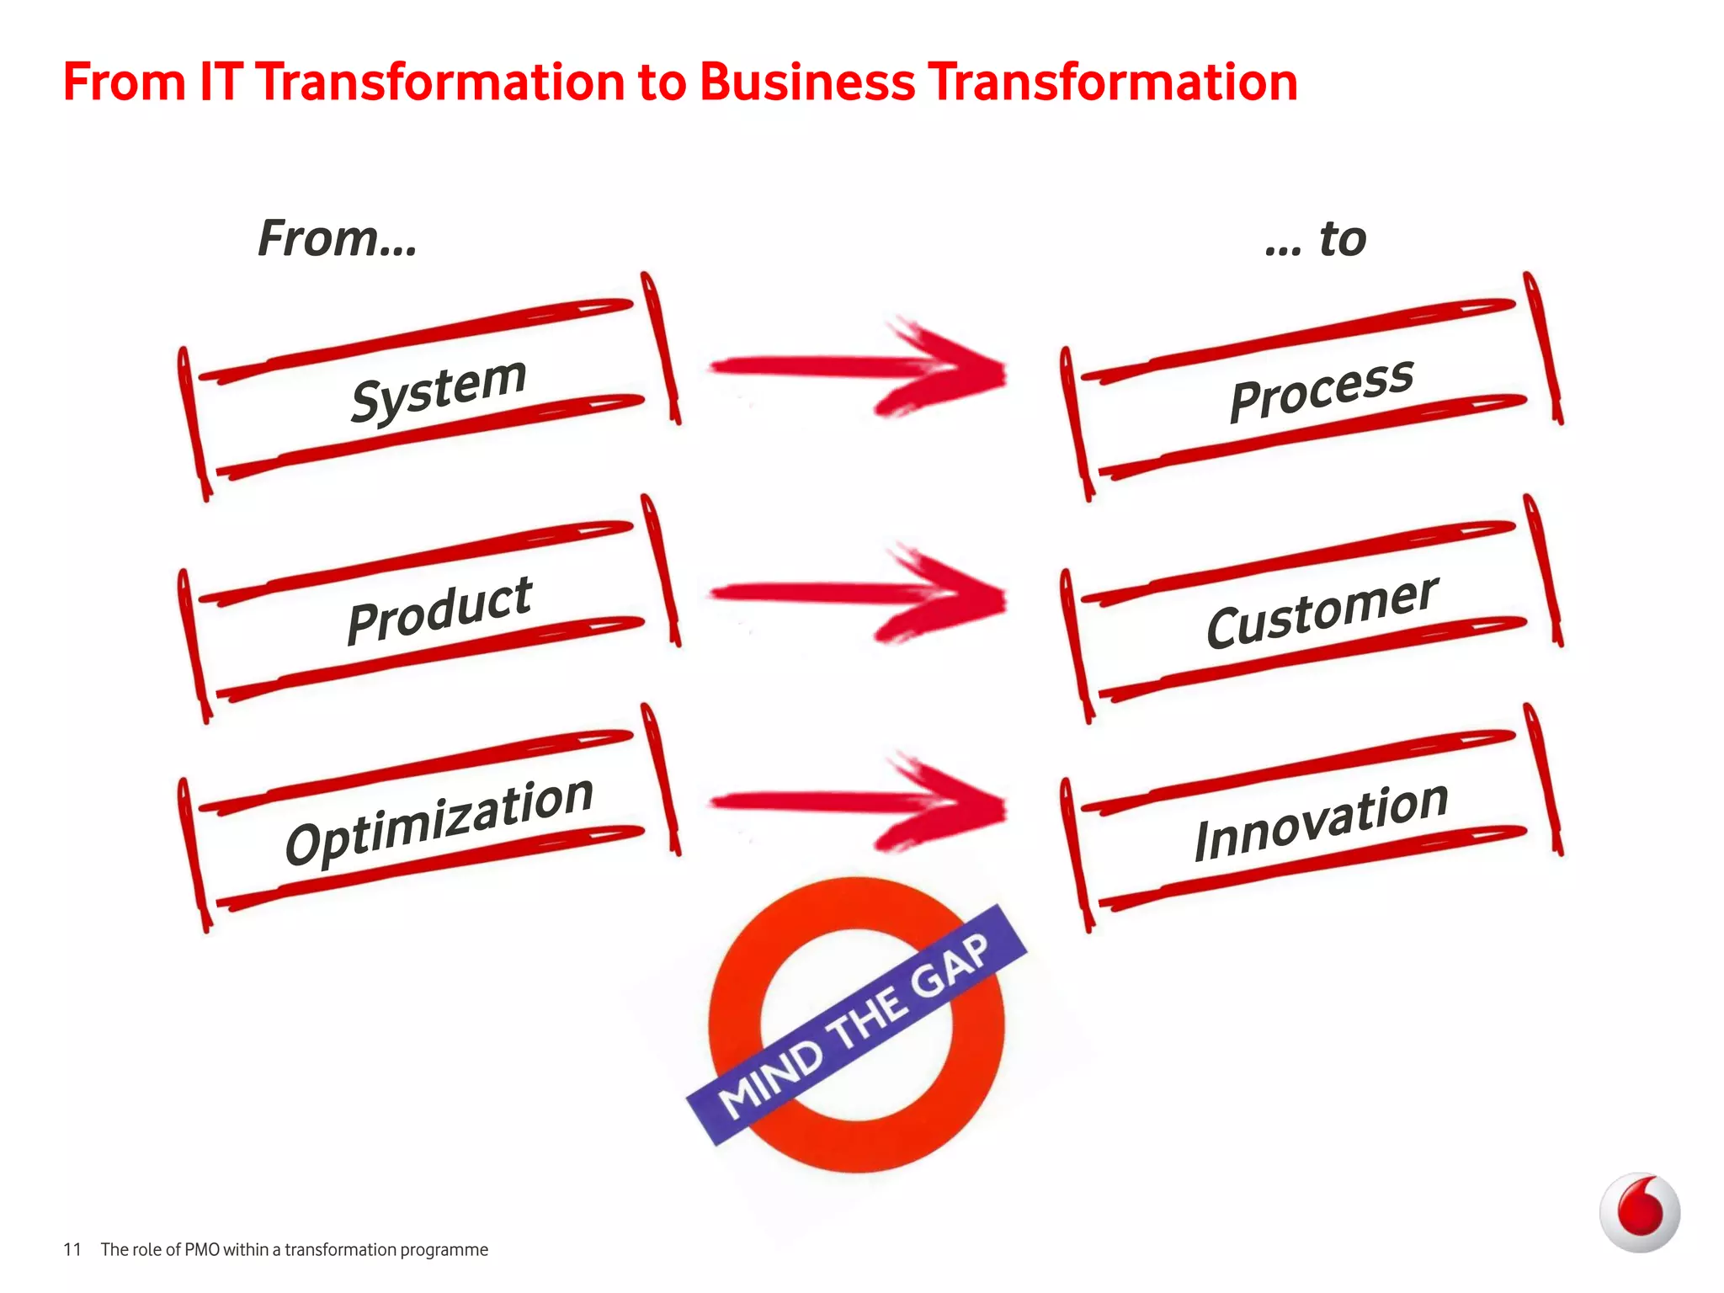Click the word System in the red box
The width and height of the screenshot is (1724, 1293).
point(439,389)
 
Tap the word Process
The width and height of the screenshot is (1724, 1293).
point(1322,388)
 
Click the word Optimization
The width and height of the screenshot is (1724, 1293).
point(439,820)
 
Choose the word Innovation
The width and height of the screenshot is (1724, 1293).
point(1322,821)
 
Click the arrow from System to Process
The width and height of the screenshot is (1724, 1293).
point(859,369)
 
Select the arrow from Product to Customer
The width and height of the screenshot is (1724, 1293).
point(859,594)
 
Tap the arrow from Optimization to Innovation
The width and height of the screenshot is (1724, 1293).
point(859,803)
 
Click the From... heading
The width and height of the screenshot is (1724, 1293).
point(338,238)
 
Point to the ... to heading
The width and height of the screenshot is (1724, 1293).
point(1316,239)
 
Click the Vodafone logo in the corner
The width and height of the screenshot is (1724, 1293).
point(1639,1212)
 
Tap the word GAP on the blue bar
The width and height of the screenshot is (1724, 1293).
point(950,966)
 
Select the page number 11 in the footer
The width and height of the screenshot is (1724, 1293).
point(72,1249)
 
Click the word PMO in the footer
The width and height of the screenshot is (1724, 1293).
point(202,1249)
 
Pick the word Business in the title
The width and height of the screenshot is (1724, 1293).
point(806,82)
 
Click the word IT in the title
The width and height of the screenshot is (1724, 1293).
point(221,82)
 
